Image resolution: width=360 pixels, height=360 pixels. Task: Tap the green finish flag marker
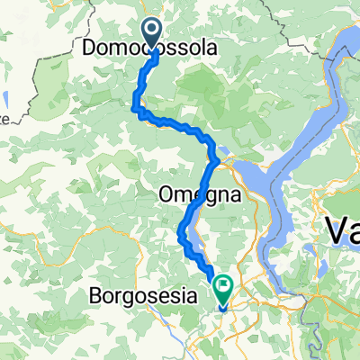click(x=221, y=289)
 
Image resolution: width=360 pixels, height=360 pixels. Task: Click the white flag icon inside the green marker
click(x=221, y=286)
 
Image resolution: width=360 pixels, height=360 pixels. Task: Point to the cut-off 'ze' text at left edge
click(x=4, y=118)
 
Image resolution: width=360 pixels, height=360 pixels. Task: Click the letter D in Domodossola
click(x=88, y=49)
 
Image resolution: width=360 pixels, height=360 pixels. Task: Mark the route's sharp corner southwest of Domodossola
click(x=137, y=110)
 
